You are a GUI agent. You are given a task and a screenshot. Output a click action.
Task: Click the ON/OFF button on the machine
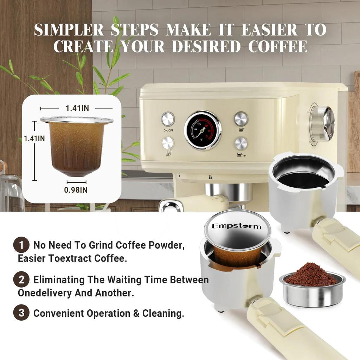click(168, 119)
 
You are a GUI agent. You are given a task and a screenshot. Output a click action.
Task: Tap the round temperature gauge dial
click(203, 130)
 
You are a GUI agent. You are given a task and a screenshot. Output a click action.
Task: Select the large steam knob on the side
click(322, 124)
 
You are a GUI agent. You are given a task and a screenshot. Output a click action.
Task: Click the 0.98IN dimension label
click(76, 190)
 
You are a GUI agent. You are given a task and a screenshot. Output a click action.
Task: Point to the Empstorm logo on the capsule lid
click(237, 226)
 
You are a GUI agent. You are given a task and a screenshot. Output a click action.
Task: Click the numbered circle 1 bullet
click(21, 245)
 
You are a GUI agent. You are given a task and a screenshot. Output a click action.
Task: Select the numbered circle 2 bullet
click(21, 280)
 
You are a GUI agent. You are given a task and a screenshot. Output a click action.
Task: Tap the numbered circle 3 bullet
click(21, 313)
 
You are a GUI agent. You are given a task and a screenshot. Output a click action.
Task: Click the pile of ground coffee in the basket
click(311, 275)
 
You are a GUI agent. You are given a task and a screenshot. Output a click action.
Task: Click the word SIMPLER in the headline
click(69, 30)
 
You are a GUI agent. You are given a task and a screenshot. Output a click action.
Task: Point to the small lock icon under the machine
click(210, 177)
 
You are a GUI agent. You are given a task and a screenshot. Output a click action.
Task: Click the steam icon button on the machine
click(168, 143)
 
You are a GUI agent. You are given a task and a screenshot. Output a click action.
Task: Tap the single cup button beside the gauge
click(241, 118)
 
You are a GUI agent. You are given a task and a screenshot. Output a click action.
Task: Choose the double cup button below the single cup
click(241, 143)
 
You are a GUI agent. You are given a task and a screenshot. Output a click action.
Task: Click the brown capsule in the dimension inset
click(77, 148)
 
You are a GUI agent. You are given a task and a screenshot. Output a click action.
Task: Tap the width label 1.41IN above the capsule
click(77, 108)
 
